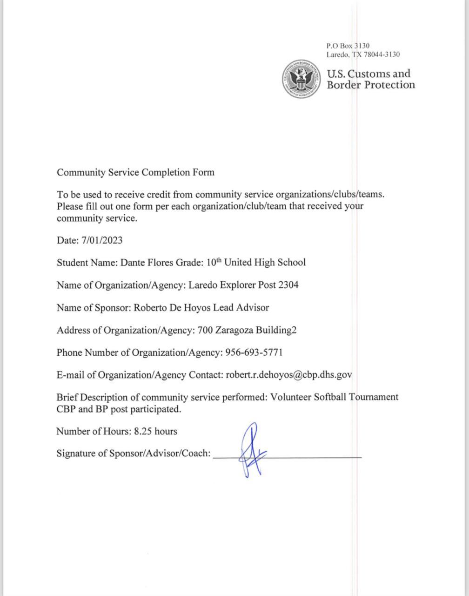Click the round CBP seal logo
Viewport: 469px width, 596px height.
302,79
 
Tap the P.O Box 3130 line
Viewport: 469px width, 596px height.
348,46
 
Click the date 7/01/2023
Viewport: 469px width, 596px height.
102,240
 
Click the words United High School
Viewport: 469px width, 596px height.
265,263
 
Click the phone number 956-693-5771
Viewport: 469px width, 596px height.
254,352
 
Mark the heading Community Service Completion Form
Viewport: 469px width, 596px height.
135,172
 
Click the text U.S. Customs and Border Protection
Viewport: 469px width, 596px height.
370,79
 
